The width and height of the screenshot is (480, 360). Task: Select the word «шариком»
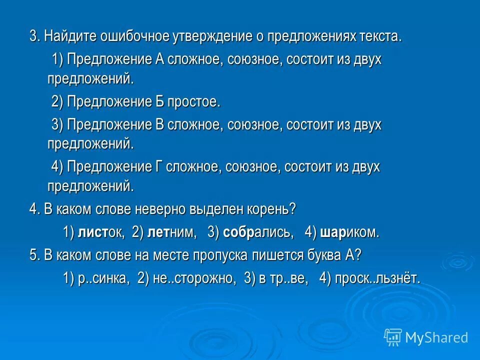click(349, 232)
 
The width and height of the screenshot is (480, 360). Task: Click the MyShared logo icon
click(393, 337)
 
